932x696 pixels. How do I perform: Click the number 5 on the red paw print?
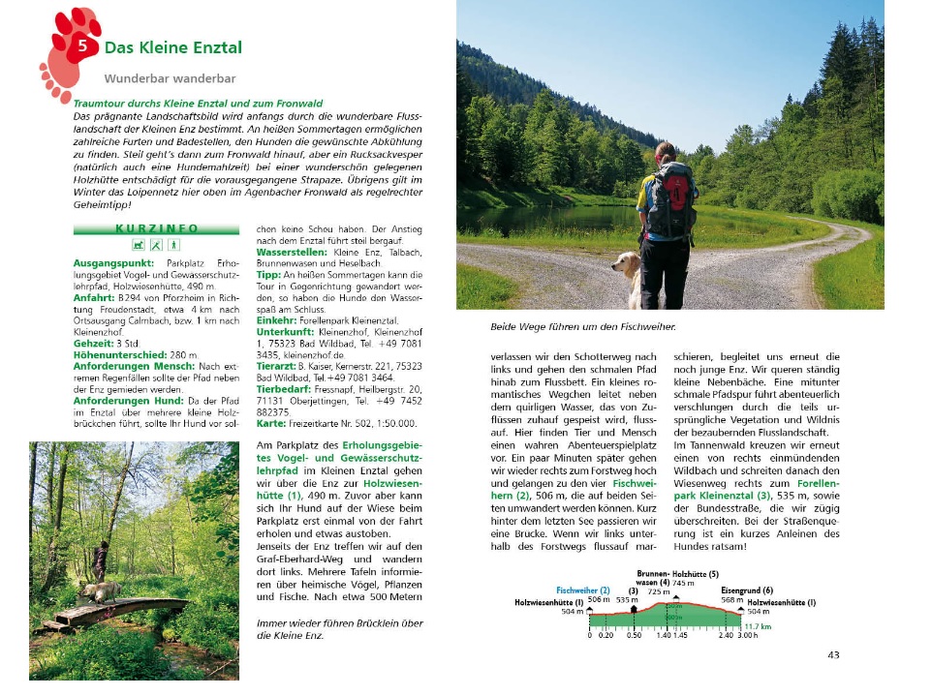tap(83, 45)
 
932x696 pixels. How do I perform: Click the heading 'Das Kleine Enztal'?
tap(173, 47)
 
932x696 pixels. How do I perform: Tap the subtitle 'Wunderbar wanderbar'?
tap(171, 78)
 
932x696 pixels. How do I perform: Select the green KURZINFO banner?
tap(155, 228)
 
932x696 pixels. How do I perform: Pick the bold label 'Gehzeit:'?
tap(94, 344)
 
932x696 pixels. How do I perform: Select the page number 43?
tap(833, 655)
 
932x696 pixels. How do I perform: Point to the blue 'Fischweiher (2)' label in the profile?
tap(583, 590)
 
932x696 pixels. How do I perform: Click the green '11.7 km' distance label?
tap(759, 626)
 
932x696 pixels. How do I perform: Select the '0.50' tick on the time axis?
tap(634, 636)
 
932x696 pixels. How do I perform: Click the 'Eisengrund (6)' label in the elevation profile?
tap(747, 590)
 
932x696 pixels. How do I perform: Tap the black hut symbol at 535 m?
tap(634, 609)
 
